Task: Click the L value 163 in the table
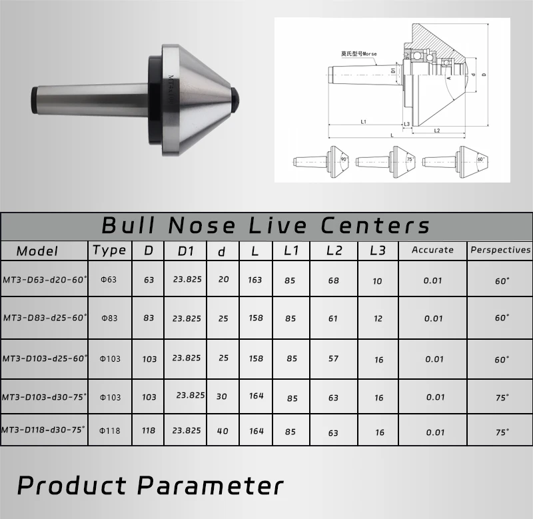click(255, 280)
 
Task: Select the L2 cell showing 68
click(334, 280)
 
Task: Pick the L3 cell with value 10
click(378, 281)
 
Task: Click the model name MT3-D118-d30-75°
click(44, 430)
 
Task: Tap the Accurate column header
click(432, 250)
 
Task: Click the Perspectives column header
click(500, 250)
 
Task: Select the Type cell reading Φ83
click(109, 318)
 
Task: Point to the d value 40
click(223, 431)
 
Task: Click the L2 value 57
click(334, 358)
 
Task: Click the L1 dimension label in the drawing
click(364, 121)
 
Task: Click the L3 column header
click(377, 251)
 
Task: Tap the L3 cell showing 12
click(378, 318)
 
